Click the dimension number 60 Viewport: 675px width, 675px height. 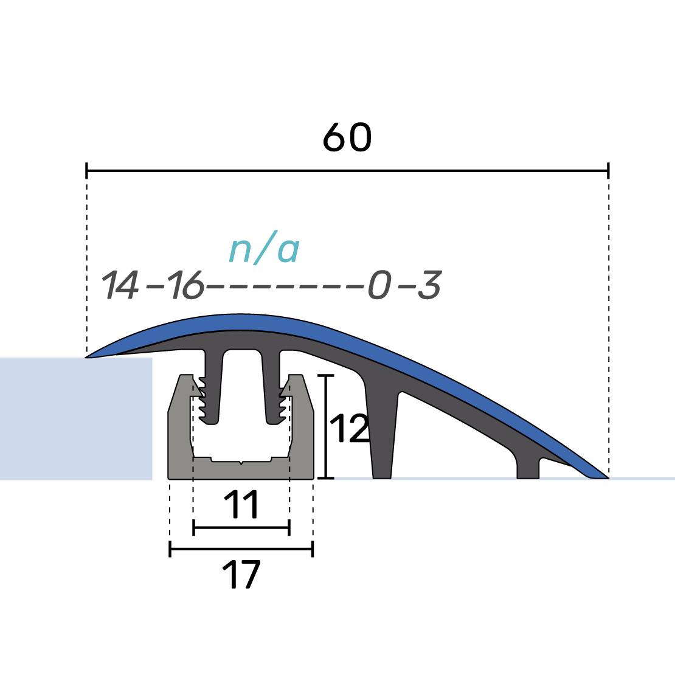(347, 137)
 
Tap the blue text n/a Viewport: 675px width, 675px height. (264, 249)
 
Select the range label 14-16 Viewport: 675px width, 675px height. (153, 285)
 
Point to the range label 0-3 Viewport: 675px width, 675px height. (404, 285)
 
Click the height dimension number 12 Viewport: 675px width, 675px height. (350, 428)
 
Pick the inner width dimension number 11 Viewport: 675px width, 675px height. (241, 504)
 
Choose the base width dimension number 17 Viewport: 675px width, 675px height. (241, 574)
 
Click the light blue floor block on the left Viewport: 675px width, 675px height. (76, 418)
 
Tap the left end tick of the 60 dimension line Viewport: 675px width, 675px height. (86, 171)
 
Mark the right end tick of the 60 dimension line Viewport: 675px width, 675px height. (608, 171)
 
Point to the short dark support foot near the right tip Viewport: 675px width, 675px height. (528, 467)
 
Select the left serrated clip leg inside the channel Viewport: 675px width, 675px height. (213, 387)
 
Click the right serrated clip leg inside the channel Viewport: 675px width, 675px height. (272, 387)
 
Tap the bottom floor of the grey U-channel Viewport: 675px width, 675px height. (241, 469)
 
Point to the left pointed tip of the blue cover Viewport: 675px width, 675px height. (86, 357)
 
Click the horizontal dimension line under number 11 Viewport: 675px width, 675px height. (241, 527)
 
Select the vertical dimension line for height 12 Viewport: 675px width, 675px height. (327, 427)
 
